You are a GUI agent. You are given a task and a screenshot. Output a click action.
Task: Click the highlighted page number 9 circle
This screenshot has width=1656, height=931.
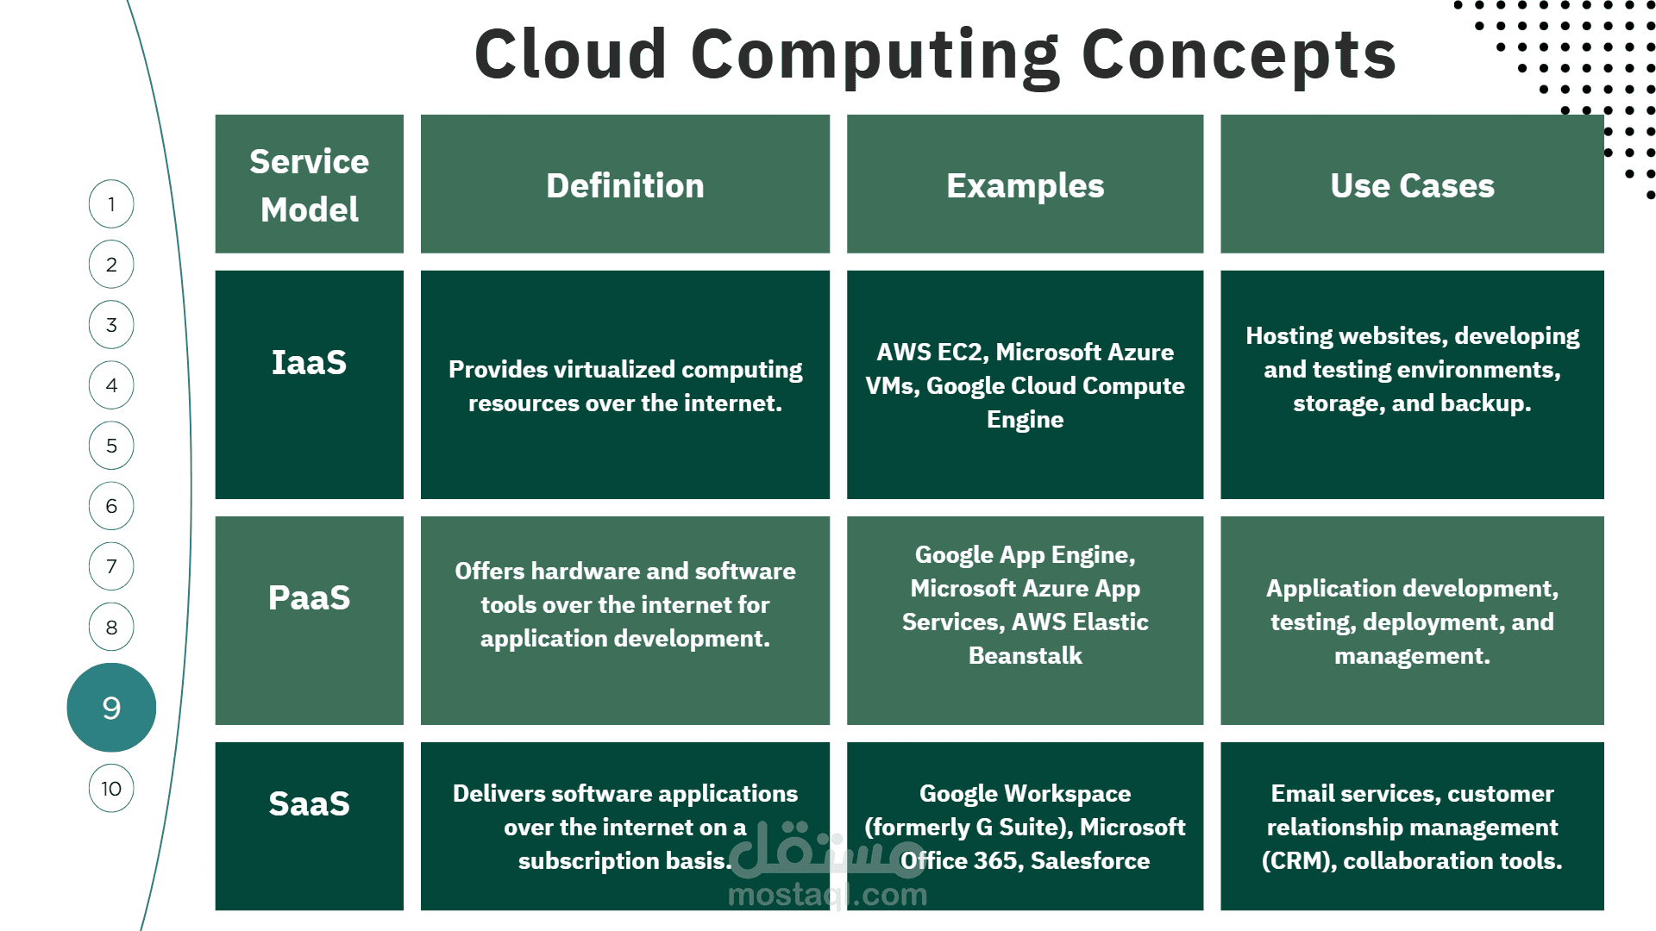click(x=111, y=708)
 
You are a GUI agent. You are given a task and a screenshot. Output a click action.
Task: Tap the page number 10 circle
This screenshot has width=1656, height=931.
click(x=111, y=788)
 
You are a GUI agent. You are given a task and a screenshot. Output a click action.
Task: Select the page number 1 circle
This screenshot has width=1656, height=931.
click(x=111, y=204)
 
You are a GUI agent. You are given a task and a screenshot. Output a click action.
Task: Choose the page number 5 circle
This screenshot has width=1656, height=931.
click(x=111, y=446)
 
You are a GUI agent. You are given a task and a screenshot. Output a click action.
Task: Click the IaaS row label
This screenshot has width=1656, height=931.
click(x=309, y=362)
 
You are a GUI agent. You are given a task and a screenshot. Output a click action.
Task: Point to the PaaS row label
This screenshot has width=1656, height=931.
click(x=309, y=597)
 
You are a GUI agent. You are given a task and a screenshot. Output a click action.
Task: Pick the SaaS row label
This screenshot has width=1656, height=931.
click(x=309, y=803)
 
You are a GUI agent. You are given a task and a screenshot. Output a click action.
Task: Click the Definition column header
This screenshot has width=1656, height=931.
click(x=625, y=185)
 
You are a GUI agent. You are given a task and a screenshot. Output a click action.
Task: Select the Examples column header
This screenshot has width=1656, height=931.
click(x=1025, y=186)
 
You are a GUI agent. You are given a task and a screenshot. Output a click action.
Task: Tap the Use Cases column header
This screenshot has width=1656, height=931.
click(x=1412, y=185)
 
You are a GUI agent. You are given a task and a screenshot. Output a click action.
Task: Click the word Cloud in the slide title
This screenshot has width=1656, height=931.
click(x=570, y=53)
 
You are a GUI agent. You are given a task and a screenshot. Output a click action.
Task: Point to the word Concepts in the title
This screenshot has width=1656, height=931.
click(x=1239, y=55)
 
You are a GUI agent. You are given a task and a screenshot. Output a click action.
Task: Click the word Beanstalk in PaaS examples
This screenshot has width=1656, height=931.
click(x=1025, y=655)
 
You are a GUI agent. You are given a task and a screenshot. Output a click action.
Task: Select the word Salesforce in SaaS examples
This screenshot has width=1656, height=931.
click(x=1090, y=860)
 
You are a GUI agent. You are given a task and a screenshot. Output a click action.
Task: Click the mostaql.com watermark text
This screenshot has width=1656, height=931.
click(x=827, y=895)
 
